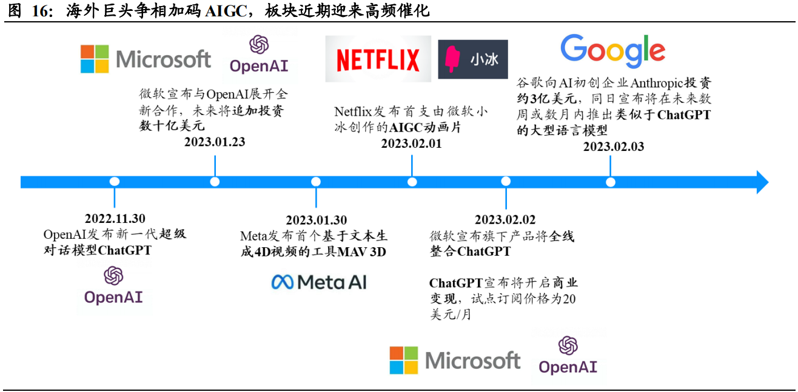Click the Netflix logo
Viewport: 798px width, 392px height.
pyautogui.click(x=378, y=59)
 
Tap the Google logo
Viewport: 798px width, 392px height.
pyautogui.click(x=612, y=51)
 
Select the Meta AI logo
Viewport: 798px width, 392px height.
pyautogui.click(x=319, y=282)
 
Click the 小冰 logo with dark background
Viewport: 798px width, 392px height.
pyautogui.click(x=473, y=59)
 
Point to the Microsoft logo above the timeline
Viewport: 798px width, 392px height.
pyautogui.click(x=146, y=59)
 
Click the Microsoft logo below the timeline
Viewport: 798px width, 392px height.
pyautogui.click(x=455, y=360)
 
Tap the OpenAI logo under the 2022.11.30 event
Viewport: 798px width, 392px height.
pyautogui.click(x=113, y=285)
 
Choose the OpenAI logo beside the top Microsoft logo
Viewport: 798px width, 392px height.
pyautogui.click(x=258, y=54)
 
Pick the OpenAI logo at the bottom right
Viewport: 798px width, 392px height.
pyautogui.click(x=568, y=356)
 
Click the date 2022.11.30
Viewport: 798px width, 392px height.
pyautogui.click(x=115, y=219)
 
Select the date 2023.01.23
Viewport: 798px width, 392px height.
pyautogui.click(x=215, y=142)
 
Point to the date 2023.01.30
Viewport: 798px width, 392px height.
pyautogui.click(x=317, y=220)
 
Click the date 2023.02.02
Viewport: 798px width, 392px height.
pyautogui.click(x=505, y=219)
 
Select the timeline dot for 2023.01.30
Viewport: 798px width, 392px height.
pyautogui.click(x=316, y=182)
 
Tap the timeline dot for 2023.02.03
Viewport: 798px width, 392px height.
pyautogui.click(x=611, y=182)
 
